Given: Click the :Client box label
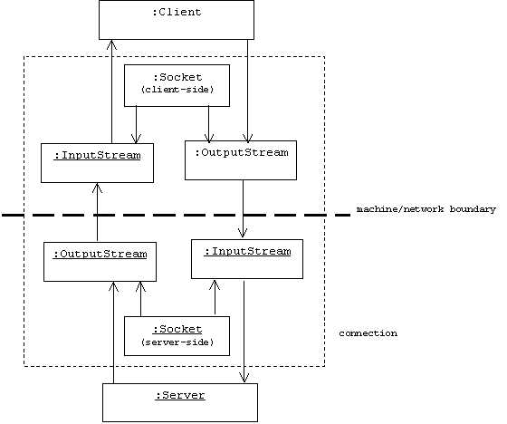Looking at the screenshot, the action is pos(177,13).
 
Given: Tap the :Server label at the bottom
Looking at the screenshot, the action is pos(180,395).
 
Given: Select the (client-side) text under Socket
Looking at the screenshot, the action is pos(177,90).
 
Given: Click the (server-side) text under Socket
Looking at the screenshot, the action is pos(177,342).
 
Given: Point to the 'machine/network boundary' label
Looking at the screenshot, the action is pos(426,209).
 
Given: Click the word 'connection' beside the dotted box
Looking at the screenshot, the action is pos(368,333).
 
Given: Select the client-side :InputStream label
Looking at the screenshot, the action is pos(97,155).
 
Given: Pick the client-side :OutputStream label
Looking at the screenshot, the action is pos(242,152).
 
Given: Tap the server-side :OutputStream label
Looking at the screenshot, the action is pos(100,254).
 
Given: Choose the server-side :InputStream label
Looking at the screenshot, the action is pos(247,252).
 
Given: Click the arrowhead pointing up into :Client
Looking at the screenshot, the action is pos(111,44).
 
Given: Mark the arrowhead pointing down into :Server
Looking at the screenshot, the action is pos(244,378).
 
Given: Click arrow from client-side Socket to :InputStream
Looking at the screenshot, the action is pos(136,125).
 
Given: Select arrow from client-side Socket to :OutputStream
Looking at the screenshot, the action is pos(209,123).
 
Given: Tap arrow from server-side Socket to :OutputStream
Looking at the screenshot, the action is pos(140,299).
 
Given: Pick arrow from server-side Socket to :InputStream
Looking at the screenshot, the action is pos(215,297).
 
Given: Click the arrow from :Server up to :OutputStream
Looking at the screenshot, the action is pos(113,332).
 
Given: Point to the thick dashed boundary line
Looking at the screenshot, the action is pos(177,215).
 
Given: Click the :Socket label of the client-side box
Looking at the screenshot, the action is pos(177,77).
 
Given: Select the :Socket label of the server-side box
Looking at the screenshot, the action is pos(177,329).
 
